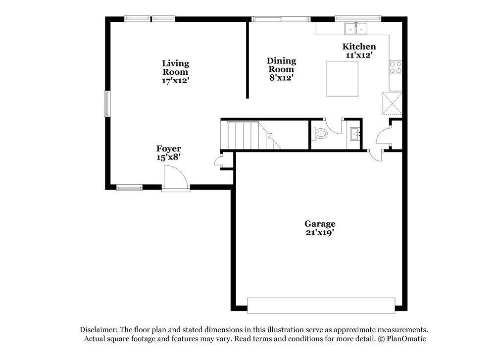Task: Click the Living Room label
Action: [x=175, y=71]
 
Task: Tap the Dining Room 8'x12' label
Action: [x=281, y=69]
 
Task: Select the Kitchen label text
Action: [x=359, y=47]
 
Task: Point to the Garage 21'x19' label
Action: [x=320, y=228]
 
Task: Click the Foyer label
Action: [x=169, y=153]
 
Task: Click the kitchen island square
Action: [x=343, y=78]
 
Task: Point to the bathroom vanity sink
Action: [x=354, y=134]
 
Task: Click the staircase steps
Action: [x=245, y=135]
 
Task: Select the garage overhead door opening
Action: [x=321, y=305]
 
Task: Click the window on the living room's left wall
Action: [x=106, y=103]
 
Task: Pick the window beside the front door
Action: [x=129, y=187]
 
